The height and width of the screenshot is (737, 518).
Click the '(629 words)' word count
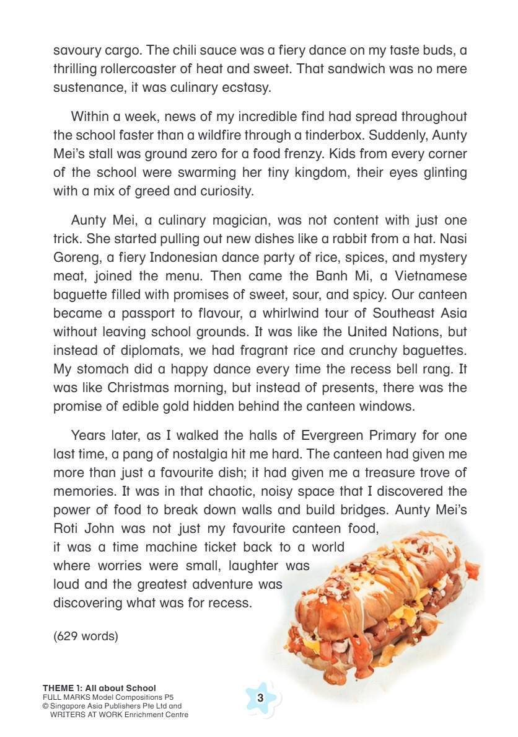click(86, 636)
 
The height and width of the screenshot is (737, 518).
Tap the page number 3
click(260, 698)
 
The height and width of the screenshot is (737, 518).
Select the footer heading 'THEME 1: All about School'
click(99, 688)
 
